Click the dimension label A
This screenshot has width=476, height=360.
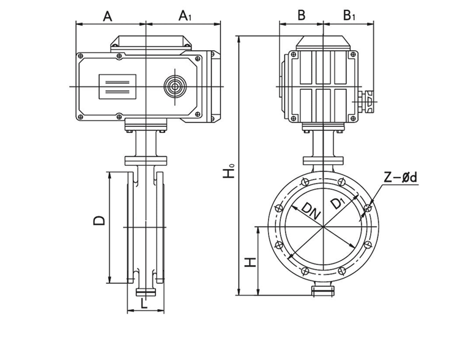tap(107, 16)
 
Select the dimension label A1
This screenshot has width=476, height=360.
tap(185, 16)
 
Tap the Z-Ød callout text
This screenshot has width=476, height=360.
tap(401, 178)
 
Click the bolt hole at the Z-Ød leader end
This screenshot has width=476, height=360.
tap(367, 210)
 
